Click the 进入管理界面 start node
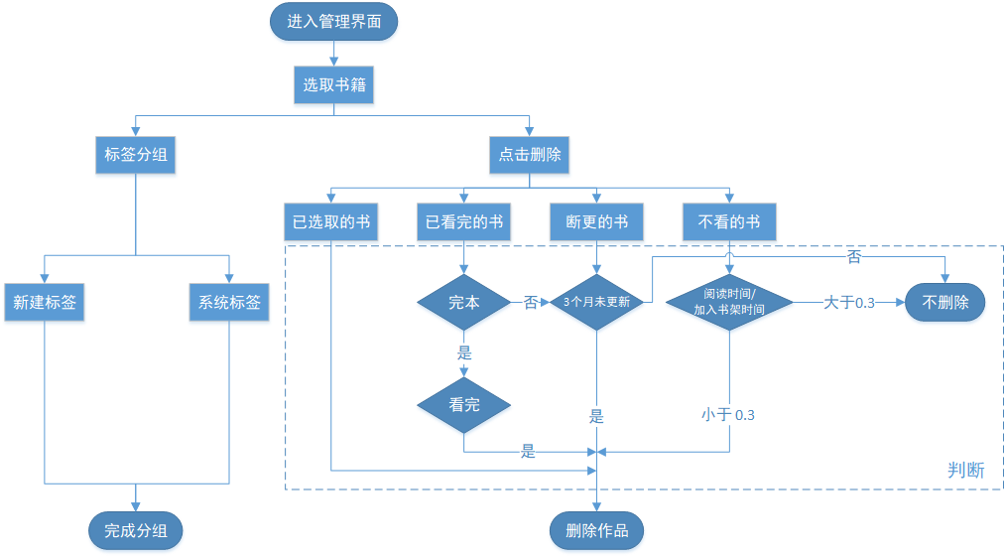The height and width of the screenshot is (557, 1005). [333, 22]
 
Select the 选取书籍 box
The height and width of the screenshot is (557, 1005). [333, 85]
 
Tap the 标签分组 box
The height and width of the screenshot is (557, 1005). [136, 155]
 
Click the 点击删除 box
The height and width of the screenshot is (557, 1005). [529, 155]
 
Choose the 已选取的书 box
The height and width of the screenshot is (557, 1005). [331, 222]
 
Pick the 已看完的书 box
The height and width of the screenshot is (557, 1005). [464, 222]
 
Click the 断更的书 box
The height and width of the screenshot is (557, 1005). [596, 222]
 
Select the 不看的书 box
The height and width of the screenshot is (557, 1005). [729, 222]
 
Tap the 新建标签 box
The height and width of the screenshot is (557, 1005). [45, 303]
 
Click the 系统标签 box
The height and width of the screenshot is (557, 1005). [229, 303]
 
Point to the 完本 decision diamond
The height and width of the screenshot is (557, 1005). [464, 303]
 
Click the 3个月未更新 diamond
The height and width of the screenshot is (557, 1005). [596, 303]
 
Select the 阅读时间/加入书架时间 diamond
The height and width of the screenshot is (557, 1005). [729, 303]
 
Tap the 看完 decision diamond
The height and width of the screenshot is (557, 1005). [464, 405]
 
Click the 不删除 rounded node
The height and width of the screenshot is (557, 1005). [944, 303]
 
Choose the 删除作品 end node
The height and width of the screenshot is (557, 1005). [596, 531]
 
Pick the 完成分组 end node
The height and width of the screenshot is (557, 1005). [136, 531]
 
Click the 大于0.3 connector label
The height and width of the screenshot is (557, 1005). [849, 303]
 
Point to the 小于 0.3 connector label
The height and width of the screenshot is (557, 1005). [728, 415]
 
